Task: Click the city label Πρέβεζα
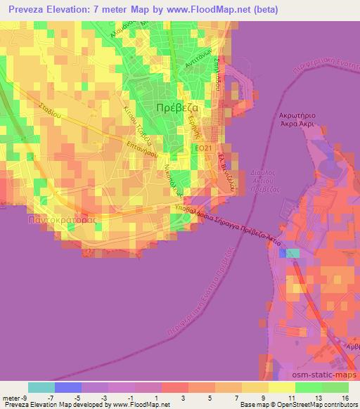tap(174, 108)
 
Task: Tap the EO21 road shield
tap(202, 148)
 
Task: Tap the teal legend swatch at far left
tap(41, 387)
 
